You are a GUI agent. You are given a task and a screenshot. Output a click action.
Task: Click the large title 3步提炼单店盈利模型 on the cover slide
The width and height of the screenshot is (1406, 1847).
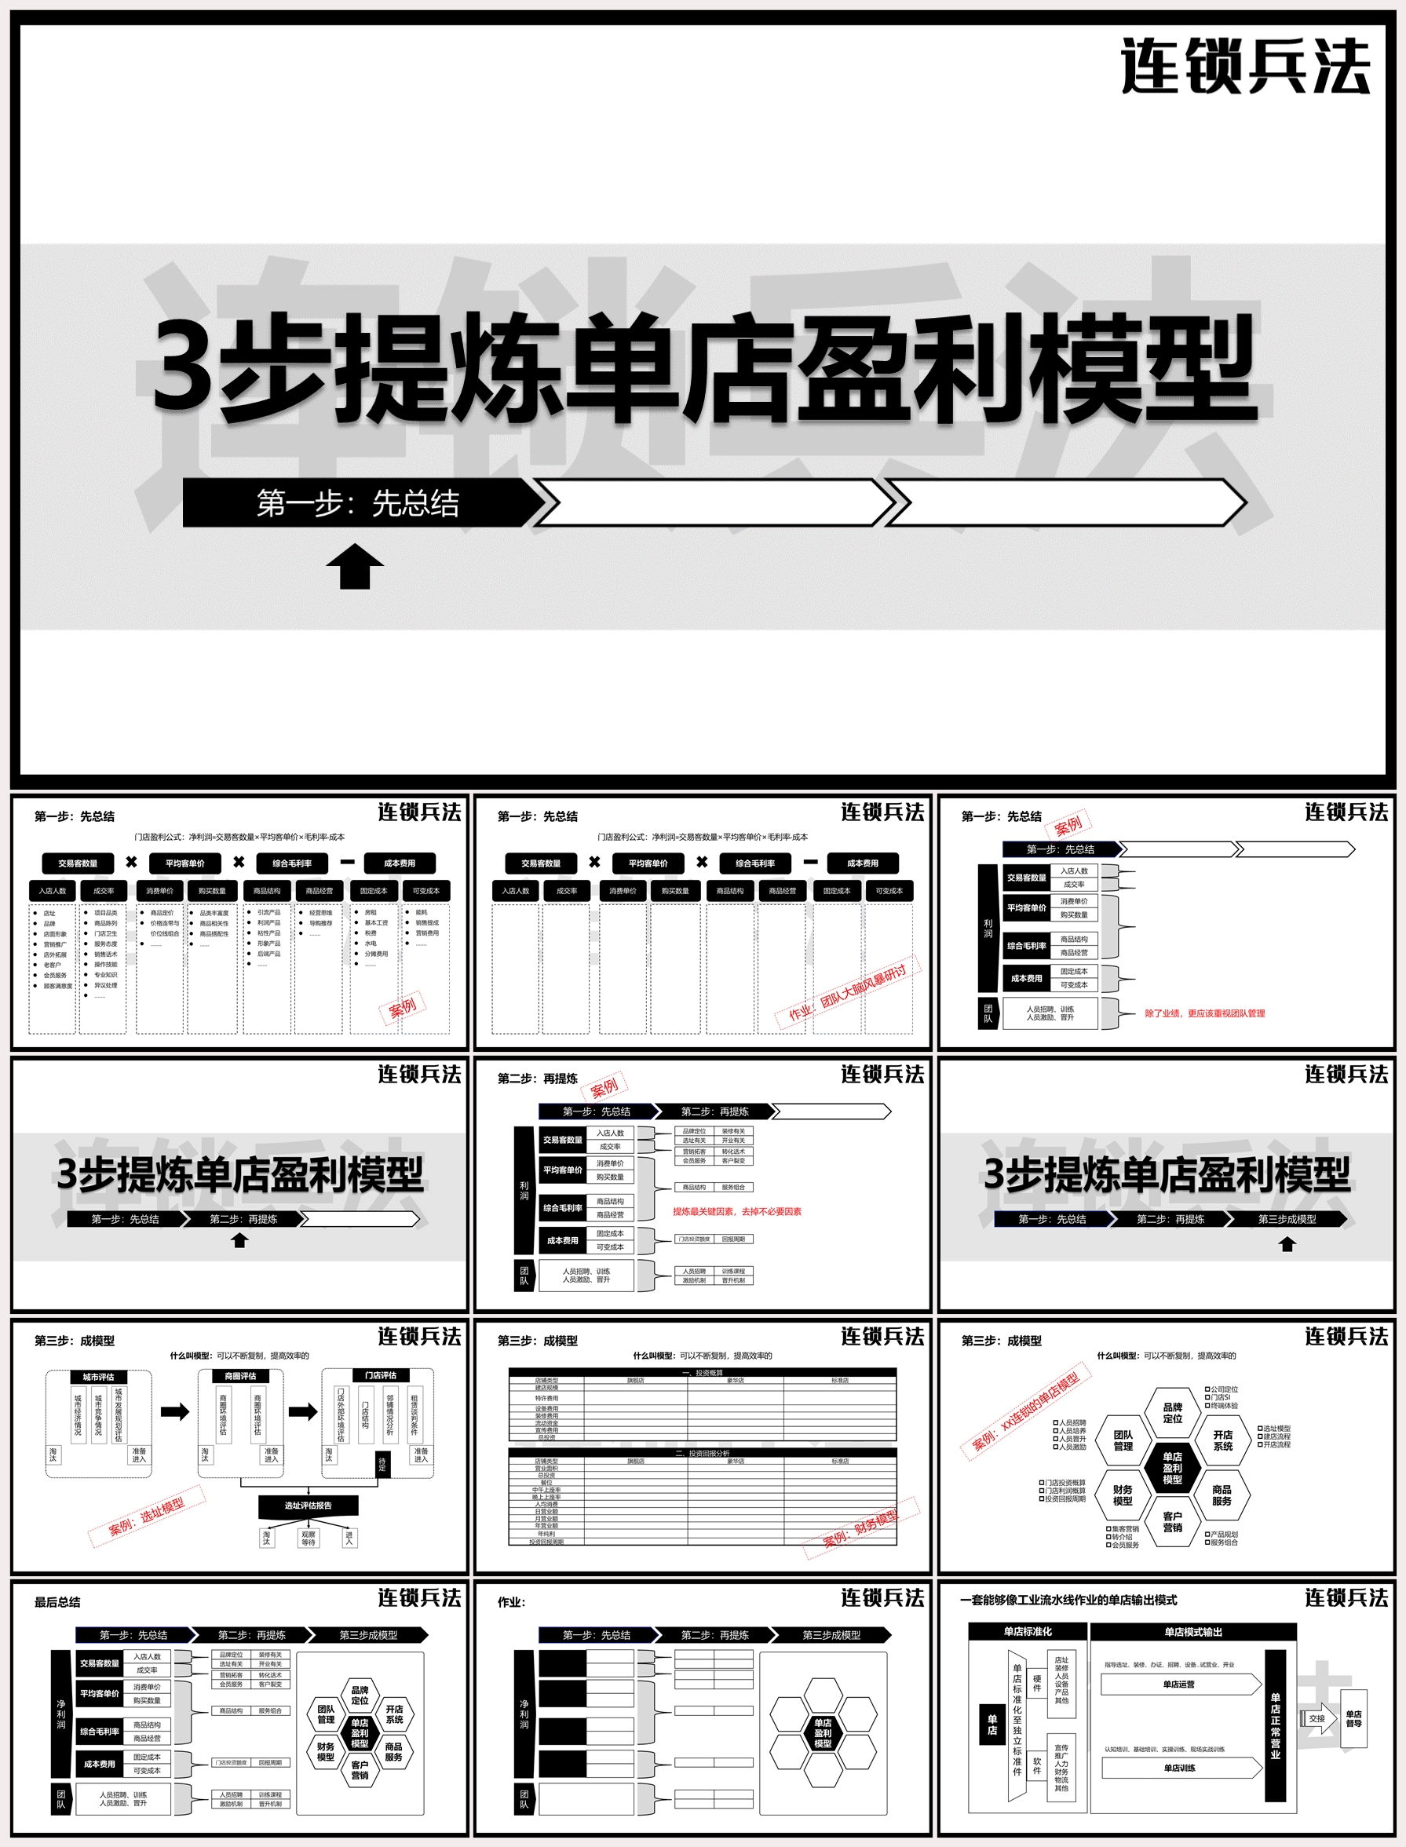coord(703,368)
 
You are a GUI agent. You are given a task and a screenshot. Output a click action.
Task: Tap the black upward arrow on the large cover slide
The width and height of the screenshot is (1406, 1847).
coord(355,567)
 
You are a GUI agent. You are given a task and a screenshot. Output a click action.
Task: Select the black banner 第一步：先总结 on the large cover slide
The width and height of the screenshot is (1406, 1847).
coord(358,503)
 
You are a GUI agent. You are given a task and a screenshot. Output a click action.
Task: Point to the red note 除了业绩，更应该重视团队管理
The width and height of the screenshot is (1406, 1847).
coord(1204,1013)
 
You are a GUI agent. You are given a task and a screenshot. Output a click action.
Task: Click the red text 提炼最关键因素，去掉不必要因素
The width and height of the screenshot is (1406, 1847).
coord(736,1211)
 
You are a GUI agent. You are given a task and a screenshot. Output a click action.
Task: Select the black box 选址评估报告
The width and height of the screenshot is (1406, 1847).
coord(308,1506)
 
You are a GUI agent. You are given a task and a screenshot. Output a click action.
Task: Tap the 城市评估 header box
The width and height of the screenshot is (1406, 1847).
coord(99,1377)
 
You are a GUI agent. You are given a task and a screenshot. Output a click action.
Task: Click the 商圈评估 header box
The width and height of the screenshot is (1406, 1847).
coord(240,1376)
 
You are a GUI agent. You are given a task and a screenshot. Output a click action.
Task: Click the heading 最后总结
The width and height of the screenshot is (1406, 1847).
coord(57,1602)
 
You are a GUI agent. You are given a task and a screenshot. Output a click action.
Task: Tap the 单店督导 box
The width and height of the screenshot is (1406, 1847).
coord(1353,1719)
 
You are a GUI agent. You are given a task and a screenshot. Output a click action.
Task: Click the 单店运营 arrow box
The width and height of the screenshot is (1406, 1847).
coord(1179,1685)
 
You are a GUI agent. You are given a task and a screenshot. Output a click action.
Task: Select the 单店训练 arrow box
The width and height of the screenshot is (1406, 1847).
coord(1179,1769)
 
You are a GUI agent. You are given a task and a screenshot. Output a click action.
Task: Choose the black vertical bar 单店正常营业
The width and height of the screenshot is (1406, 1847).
coord(1275,1726)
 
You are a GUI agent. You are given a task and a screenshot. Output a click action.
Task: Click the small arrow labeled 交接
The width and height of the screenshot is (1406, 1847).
coord(1318,1719)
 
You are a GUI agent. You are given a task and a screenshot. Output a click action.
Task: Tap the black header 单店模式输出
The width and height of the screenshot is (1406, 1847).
coord(1192,1632)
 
